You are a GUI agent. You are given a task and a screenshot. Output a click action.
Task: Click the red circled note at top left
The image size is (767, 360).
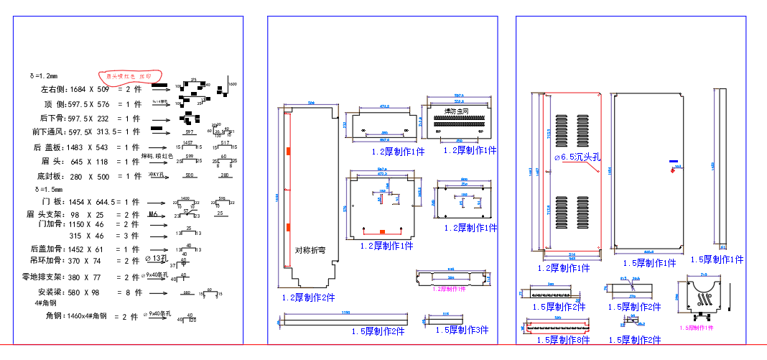coord(129,75)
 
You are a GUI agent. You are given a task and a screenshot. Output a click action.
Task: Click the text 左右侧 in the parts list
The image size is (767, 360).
coord(54,90)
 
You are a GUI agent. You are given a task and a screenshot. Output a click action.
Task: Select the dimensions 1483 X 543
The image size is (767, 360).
coord(89,147)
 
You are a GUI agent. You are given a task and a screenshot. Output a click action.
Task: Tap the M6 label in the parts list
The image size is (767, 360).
coord(153,214)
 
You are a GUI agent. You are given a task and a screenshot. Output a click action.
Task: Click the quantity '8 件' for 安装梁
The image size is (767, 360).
coord(131,292)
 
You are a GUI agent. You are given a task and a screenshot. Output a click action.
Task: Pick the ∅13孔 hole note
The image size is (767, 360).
coord(157,258)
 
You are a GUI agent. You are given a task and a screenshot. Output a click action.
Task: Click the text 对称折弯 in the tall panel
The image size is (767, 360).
coord(310,251)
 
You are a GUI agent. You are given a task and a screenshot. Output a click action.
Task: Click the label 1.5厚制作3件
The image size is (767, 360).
coord(462,330)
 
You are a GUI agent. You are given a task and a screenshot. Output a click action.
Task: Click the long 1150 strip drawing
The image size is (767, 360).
coord(342,317)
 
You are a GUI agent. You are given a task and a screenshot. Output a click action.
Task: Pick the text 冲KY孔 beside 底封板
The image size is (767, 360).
coord(157,175)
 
